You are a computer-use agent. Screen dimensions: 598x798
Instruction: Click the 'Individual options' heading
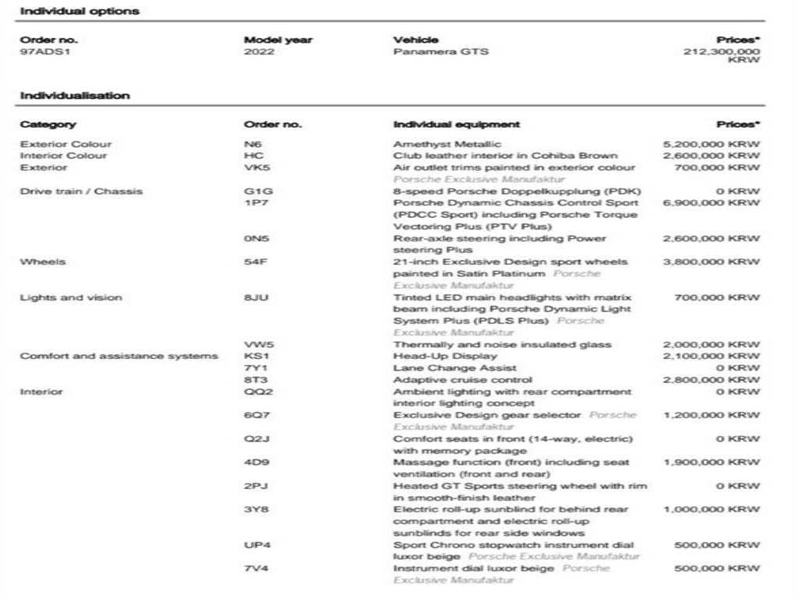click(79, 11)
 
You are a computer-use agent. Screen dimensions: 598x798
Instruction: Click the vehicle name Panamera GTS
click(441, 52)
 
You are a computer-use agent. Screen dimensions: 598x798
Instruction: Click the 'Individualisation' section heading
click(75, 96)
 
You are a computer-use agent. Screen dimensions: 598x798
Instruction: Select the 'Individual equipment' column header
click(457, 125)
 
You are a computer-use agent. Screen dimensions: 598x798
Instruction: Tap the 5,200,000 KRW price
click(711, 144)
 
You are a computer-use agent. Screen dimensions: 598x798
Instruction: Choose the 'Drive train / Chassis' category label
click(81, 191)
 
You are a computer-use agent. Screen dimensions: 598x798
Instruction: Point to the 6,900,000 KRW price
click(711, 202)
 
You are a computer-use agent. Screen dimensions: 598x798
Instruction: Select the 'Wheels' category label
click(43, 262)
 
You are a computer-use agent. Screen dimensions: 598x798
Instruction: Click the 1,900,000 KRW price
click(711, 463)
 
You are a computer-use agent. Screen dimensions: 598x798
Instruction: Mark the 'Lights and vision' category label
click(71, 297)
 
